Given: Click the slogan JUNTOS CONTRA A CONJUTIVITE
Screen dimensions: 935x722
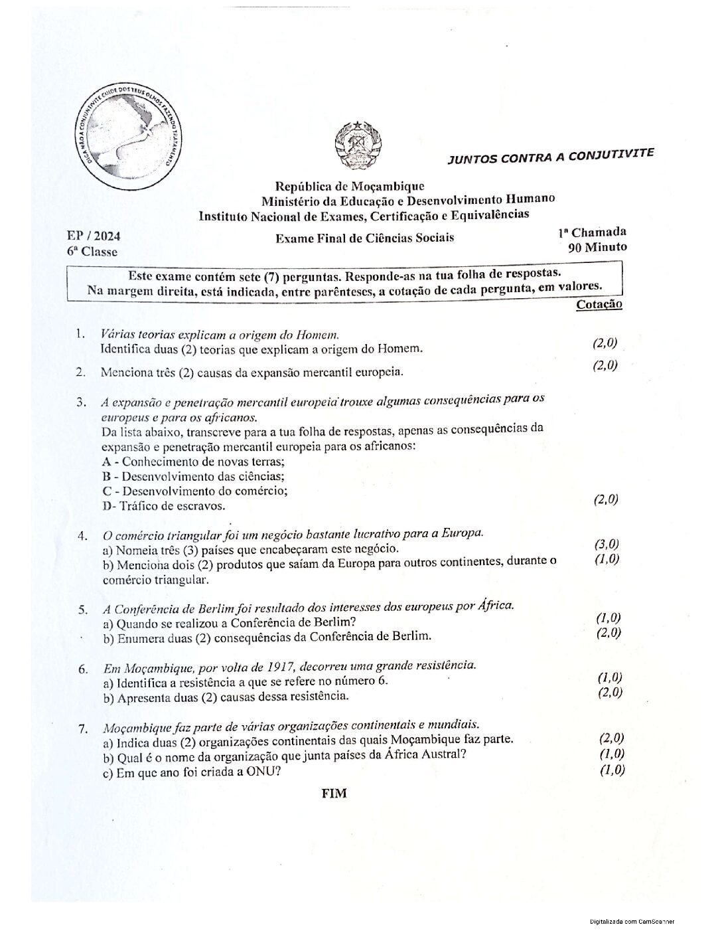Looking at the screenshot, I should [550, 156].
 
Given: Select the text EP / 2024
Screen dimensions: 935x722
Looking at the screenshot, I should [94, 236].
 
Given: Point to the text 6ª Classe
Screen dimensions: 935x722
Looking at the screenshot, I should [92, 252].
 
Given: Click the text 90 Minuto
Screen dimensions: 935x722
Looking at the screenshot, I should [597, 248].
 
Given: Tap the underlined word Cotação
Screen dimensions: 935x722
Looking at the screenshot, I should [599, 304].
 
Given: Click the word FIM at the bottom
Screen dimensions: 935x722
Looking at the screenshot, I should [334, 794].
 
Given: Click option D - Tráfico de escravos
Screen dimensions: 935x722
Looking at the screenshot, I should [164, 506].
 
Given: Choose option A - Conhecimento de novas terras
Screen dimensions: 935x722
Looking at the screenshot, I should [193, 462].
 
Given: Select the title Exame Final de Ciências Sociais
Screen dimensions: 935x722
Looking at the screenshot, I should [364, 238].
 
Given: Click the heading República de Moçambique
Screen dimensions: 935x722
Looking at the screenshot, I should [350, 187].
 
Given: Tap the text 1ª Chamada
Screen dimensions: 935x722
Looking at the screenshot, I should [592, 232].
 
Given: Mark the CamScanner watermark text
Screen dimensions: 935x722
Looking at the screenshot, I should [632, 922].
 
